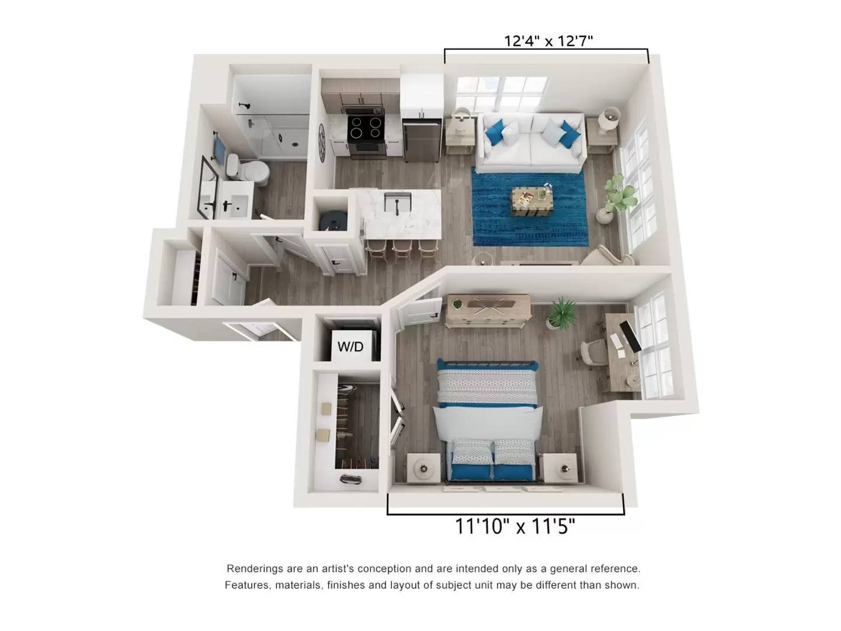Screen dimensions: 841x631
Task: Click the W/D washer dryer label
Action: pos(350,347)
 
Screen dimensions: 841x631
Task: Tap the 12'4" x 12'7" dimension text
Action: pos(548,41)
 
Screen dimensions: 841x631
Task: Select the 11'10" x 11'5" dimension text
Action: pos(515,526)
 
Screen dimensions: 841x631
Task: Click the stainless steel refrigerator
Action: pos(421,140)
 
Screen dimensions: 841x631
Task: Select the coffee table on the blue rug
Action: pos(532,201)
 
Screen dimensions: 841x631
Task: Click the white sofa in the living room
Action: pos(531,143)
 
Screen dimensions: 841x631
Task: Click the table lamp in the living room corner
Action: pos(611,119)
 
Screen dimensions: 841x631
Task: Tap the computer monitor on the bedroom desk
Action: pos(630,337)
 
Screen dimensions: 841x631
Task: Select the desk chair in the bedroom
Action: pos(593,354)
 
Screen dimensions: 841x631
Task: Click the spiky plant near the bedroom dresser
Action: pos(562,312)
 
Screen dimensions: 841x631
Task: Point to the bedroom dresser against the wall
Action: pos(489,310)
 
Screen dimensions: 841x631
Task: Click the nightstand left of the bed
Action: pos(423,468)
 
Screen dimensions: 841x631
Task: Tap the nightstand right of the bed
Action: pos(560,468)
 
